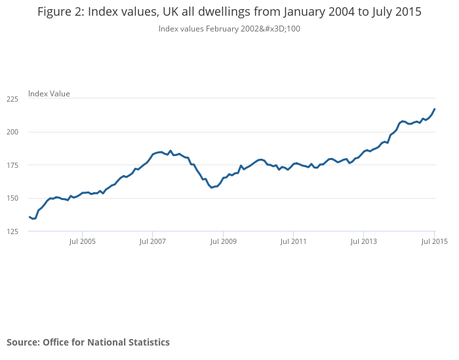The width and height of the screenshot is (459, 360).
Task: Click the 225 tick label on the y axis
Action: click(x=12, y=99)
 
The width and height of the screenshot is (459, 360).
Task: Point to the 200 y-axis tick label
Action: click(x=12, y=132)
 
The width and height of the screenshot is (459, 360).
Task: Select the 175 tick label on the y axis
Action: click(x=12, y=165)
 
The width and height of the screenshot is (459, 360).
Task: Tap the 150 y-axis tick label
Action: click(x=12, y=198)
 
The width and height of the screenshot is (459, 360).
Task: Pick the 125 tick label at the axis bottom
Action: click(x=12, y=231)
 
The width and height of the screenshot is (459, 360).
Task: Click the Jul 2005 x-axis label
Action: click(x=82, y=241)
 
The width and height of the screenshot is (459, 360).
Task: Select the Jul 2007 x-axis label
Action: click(x=152, y=241)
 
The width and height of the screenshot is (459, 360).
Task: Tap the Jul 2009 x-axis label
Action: click(x=223, y=241)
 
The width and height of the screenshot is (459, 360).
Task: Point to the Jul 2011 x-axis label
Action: click(x=293, y=241)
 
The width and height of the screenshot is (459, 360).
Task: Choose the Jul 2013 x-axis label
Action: click(x=364, y=241)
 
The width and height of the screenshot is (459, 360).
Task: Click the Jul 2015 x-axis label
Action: click(x=433, y=241)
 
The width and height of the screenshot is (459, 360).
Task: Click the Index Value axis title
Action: click(x=49, y=94)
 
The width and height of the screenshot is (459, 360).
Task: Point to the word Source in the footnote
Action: click(x=22, y=342)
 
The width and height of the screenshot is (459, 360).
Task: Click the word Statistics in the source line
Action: click(x=147, y=342)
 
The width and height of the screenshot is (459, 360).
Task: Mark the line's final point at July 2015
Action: click(x=435, y=109)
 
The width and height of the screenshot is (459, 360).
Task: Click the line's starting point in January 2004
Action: click(x=29, y=217)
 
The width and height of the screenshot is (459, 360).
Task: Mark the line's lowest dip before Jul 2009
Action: click(x=212, y=188)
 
